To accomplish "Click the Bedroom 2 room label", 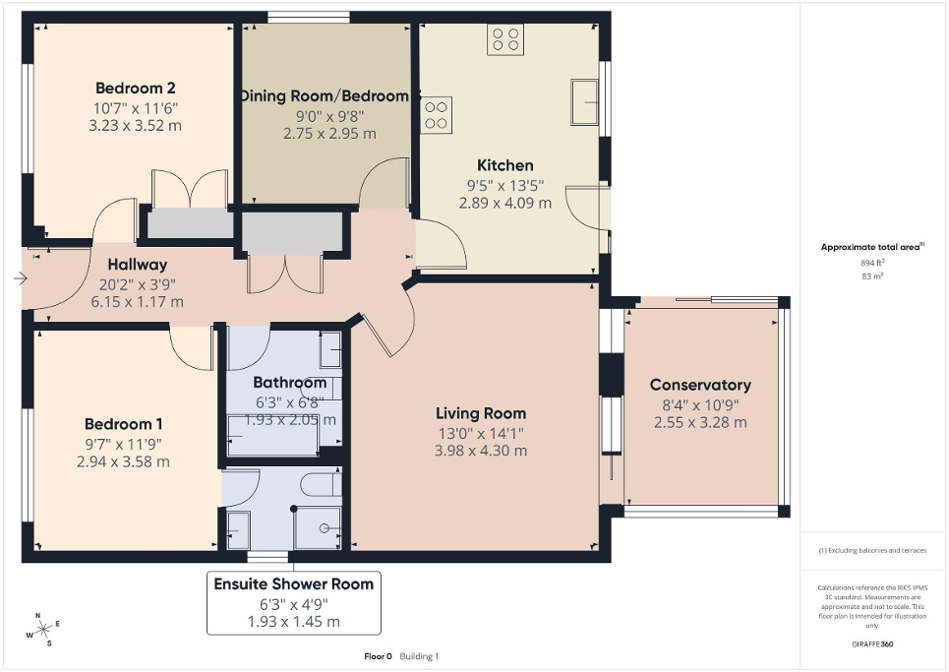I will tap(137, 86).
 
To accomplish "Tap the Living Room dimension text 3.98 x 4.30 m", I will tap(481, 451).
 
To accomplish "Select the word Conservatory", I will tap(700, 385).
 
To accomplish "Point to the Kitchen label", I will tap(505, 165).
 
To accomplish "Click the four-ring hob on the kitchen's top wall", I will tap(505, 39).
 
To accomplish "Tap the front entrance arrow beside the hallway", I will tap(21, 279).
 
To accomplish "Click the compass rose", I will tap(43, 630).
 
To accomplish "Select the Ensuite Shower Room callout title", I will tap(294, 583).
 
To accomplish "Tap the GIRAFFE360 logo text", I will tap(873, 643).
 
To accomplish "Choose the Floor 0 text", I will tap(377, 656).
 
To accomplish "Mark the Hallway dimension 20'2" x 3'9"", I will tap(137, 284).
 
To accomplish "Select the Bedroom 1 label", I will tap(124, 424).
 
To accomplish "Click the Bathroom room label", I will tap(289, 382).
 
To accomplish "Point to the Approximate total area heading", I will tap(871, 248).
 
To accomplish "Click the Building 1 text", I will tap(418, 656).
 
